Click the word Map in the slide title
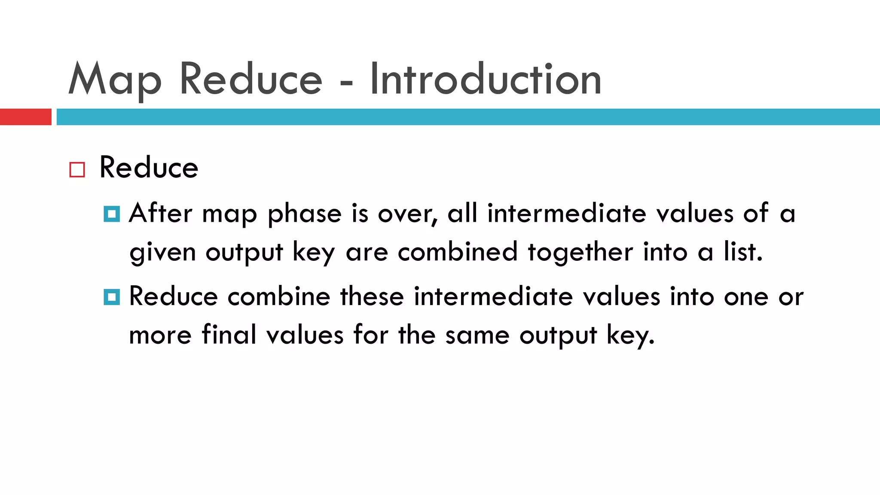pos(115,79)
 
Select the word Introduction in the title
pos(485,79)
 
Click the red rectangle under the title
pos(25,117)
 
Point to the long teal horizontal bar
pos(468,117)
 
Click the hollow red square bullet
pos(77,170)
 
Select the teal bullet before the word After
pos(112,214)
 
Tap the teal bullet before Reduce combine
pos(112,297)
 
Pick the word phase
pos(304,214)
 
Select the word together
pos(580,252)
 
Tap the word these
pos(372,296)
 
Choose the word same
pos(477,335)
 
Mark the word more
pos(160,335)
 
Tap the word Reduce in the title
pos(251,79)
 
